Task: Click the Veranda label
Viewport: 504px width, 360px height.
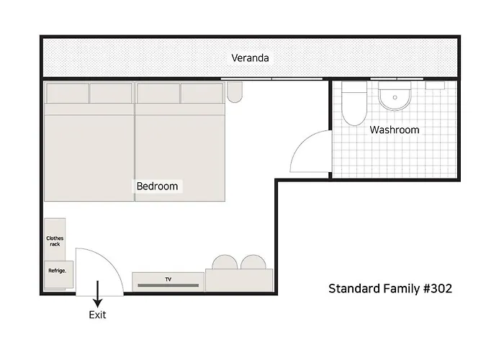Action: point(250,58)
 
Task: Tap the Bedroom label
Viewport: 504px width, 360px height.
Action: point(157,186)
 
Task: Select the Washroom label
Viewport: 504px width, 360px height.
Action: point(395,130)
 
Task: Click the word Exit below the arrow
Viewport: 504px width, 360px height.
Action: point(97,315)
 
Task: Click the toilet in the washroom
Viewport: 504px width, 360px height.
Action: point(354,103)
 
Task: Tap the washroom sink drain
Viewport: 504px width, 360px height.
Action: point(395,97)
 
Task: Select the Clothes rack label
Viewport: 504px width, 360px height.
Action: point(55,241)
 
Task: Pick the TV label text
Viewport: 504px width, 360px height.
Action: point(168,279)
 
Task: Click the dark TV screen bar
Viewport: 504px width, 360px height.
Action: point(168,285)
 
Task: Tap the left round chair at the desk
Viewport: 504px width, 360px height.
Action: point(225,262)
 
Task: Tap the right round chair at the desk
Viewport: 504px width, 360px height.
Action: point(253,262)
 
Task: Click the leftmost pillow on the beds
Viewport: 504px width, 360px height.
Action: point(68,93)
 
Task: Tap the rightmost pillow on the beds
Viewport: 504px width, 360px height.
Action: point(202,93)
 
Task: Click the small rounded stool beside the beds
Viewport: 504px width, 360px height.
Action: point(235,92)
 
